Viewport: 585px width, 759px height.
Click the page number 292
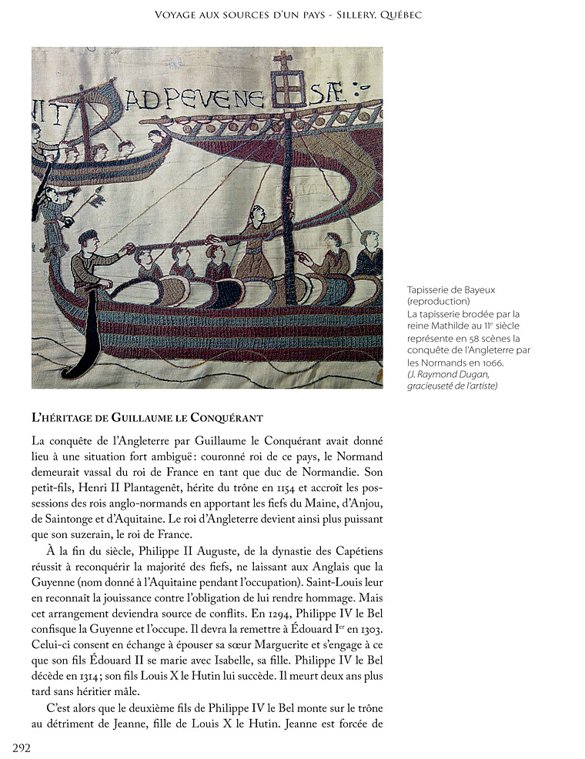pyautogui.click(x=21, y=747)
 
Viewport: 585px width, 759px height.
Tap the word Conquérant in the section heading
pyautogui.click(x=232, y=419)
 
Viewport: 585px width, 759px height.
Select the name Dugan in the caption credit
pyautogui.click(x=472, y=374)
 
